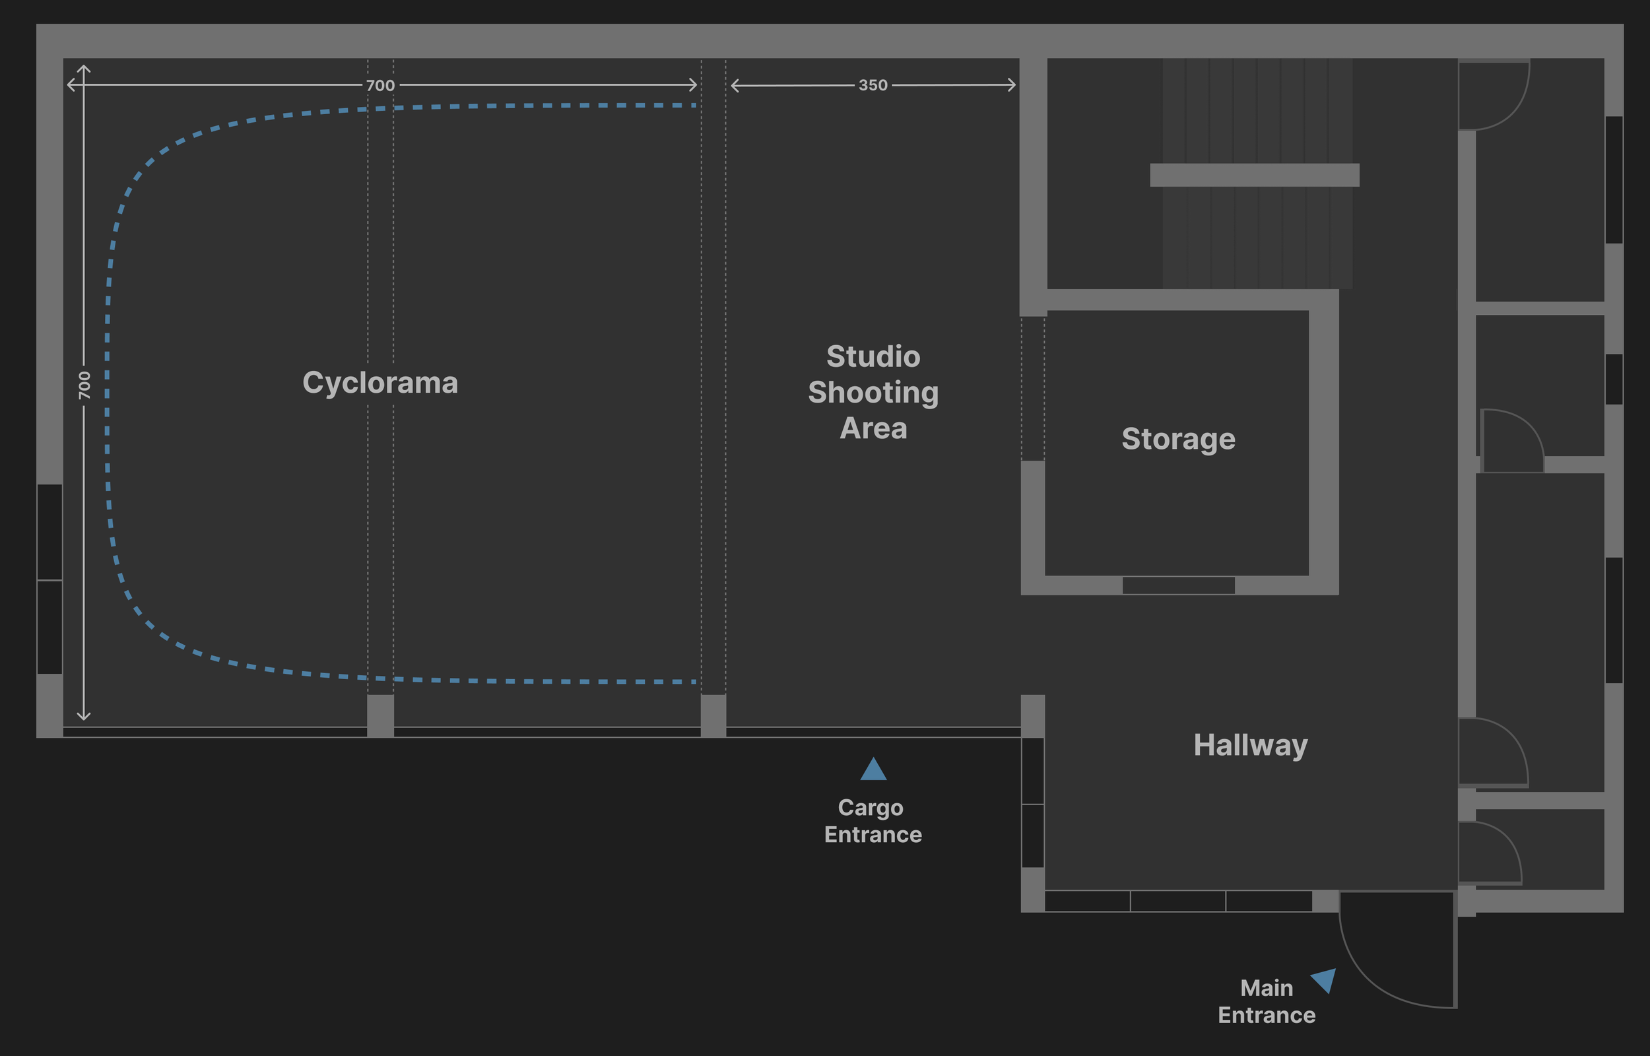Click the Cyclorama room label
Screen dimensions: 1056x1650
pos(379,383)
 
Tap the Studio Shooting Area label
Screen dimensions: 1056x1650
pos(873,392)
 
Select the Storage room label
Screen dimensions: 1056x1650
pos(1177,439)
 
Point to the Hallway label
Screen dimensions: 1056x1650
pos(1250,744)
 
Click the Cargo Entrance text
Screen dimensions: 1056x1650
pos(872,821)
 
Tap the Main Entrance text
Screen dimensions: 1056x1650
pos(1266,1001)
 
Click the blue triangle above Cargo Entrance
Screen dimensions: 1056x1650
pos(873,770)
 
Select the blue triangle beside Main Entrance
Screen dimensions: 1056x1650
pos(1325,979)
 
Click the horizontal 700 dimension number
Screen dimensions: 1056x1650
pos(379,86)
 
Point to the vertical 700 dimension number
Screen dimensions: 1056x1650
pos(84,385)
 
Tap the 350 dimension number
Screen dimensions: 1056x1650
pos(873,86)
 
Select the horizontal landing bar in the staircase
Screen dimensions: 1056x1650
pos(1254,175)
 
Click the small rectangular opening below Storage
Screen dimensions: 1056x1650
pos(1177,585)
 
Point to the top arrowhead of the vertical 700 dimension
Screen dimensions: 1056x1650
pos(84,69)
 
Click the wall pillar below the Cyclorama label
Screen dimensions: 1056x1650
pos(380,715)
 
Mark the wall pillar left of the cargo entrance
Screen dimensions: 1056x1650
pos(713,715)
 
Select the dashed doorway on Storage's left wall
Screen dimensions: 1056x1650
pos(1033,388)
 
